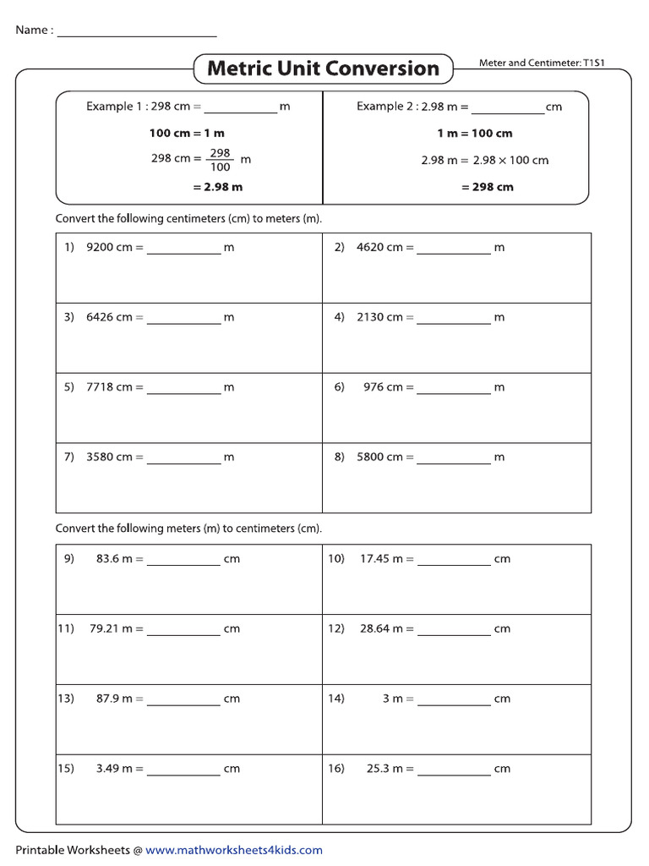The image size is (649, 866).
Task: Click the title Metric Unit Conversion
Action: [323, 69]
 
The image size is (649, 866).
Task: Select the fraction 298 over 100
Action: [220, 160]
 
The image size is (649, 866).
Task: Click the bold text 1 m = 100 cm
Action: [474, 133]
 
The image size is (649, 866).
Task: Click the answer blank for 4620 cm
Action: [453, 249]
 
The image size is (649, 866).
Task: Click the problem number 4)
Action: [340, 317]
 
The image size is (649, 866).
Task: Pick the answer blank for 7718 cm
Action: [183, 389]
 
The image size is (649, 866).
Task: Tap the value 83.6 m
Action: [114, 559]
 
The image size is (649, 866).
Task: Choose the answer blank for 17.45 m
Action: [453, 561]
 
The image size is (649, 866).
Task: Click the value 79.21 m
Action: [111, 628]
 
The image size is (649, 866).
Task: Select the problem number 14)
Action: [336, 699]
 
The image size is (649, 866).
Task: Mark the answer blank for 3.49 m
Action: [183, 770]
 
